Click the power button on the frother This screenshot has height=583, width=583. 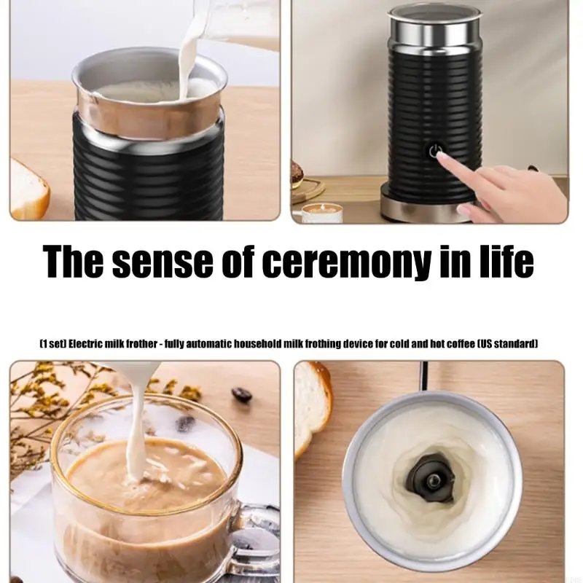tap(434, 151)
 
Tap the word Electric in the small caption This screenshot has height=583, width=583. tap(86, 343)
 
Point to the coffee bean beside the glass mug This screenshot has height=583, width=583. tap(242, 394)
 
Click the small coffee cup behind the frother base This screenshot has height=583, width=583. tap(320, 214)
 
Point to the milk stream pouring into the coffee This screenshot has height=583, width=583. tap(135, 428)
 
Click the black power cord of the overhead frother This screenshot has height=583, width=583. tap(424, 376)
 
